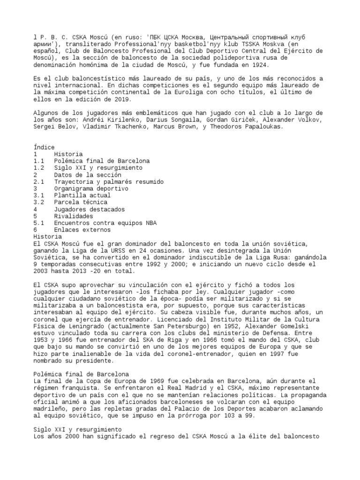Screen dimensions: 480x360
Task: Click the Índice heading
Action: coord(44,147)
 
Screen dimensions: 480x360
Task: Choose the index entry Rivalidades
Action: coord(74,216)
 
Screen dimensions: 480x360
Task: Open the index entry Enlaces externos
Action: coord(82,230)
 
